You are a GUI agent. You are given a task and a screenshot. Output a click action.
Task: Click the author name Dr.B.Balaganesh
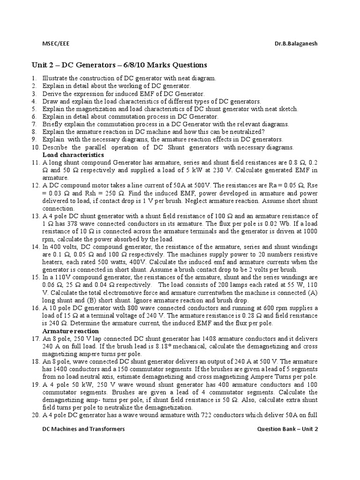(296, 43)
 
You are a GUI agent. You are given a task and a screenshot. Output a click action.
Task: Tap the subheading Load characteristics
(73, 155)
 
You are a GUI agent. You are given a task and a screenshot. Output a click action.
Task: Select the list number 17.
(35, 338)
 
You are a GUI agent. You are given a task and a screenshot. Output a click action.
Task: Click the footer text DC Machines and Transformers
(83, 429)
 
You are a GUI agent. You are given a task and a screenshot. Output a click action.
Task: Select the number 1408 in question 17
(204, 338)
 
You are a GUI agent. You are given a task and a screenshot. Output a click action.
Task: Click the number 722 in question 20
(209, 415)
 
